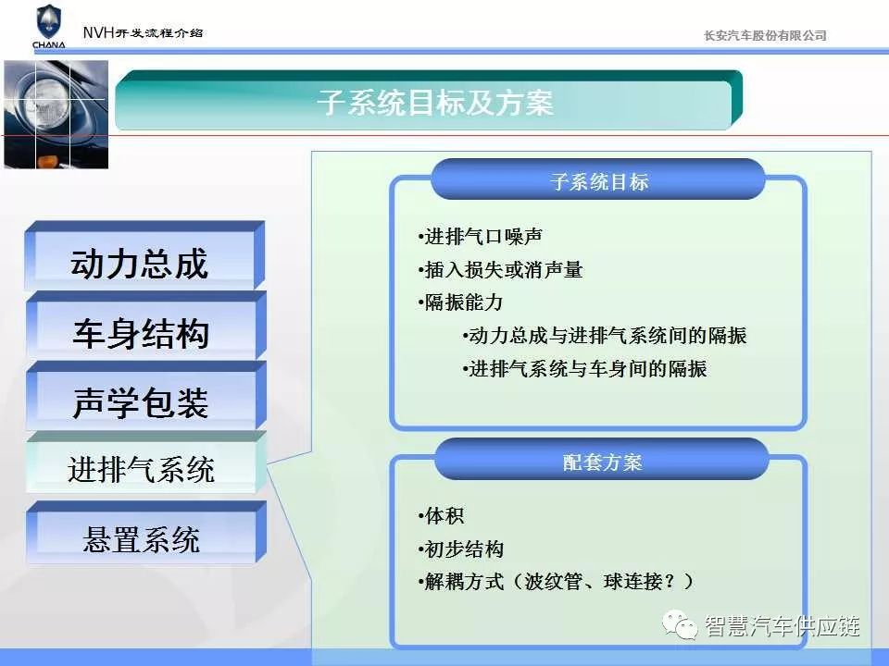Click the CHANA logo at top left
coord(49,27)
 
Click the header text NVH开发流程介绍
coord(143,32)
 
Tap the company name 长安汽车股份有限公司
coord(765,36)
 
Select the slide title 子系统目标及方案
coord(435,103)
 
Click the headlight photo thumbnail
coord(56,115)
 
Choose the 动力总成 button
coord(145,256)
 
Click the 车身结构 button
coord(145,326)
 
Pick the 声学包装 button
coord(145,395)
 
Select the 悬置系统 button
coord(145,533)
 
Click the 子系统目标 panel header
coord(598,179)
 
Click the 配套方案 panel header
coord(602,460)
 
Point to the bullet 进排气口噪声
coord(481,237)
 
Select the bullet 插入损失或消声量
coord(500,270)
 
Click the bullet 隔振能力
coord(460,302)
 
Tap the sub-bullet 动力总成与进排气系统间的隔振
coord(605,336)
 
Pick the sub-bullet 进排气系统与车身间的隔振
coord(584,369)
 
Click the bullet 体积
coord(441,516)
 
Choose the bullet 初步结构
coord(460,549)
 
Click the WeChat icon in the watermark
coord(680,625)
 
